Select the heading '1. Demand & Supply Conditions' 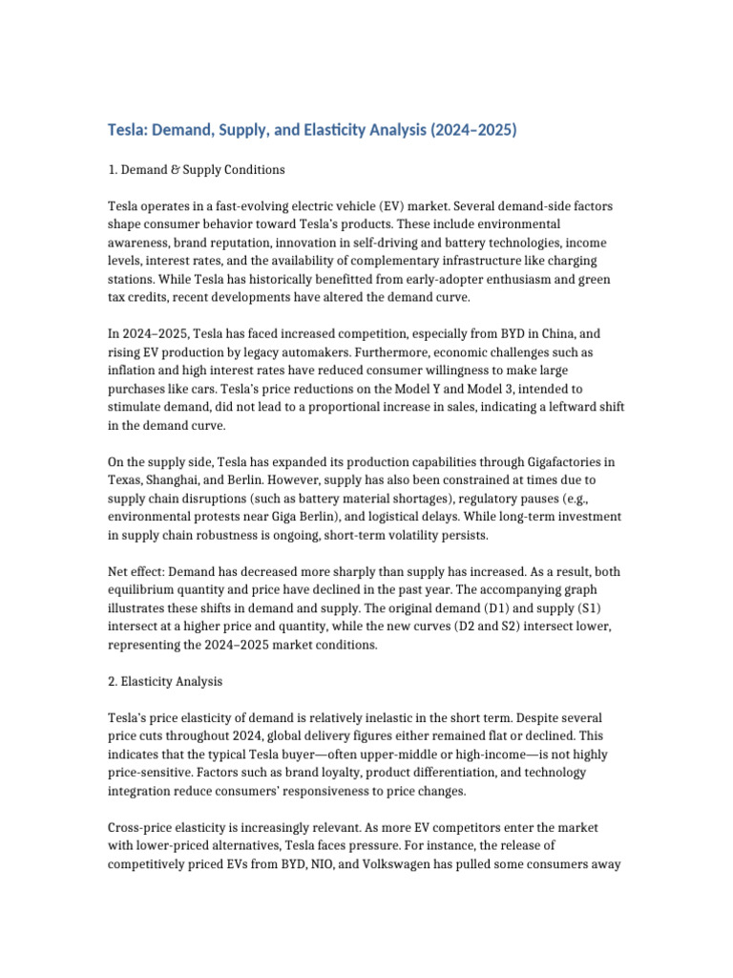pos(197,170)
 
